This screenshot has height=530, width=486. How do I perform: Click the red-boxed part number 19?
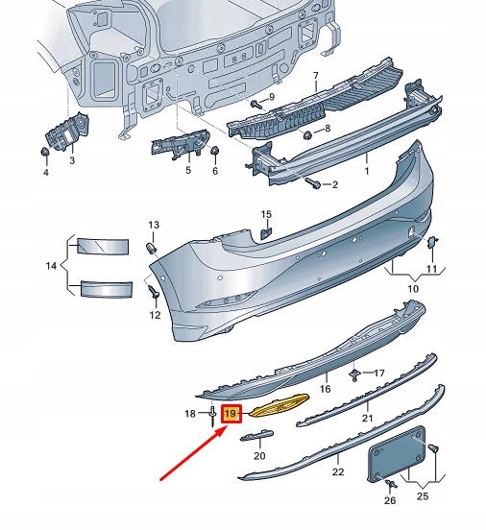231,415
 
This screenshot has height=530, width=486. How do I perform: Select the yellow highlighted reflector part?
279,405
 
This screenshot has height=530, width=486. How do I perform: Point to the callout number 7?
315,76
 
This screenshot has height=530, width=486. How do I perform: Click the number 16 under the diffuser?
325,390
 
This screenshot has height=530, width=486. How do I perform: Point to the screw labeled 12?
153,290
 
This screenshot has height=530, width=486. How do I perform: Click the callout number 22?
337,472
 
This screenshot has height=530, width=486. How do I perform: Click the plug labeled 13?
151,248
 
